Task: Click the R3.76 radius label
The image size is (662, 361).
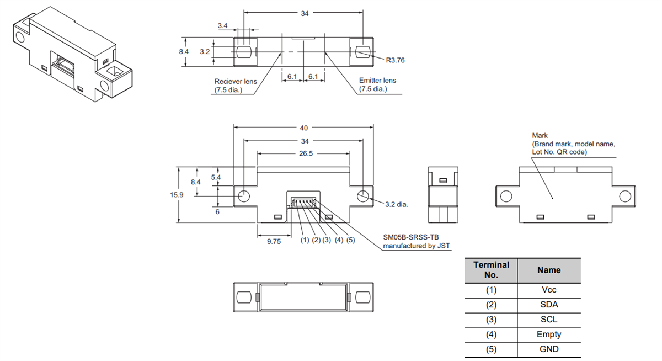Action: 395,60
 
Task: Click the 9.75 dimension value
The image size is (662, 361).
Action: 274,241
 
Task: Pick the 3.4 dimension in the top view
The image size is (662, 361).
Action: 223,26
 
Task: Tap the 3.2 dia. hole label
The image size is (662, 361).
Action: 396,204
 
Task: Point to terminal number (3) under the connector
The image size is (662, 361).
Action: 327,241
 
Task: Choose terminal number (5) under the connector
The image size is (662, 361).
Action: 350,241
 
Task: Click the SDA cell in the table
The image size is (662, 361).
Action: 549,305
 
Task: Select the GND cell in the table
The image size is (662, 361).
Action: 549,349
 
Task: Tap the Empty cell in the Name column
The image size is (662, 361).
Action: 549,334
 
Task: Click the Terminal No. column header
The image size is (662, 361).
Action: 491,270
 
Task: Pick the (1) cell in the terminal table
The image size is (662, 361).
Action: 491,290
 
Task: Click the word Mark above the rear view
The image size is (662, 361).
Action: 540,135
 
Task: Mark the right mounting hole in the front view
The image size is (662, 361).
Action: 362,195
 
